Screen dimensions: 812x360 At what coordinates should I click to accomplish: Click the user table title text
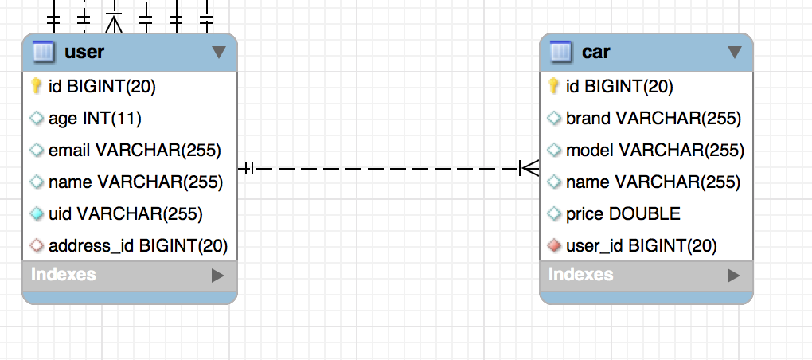tap(84, 52)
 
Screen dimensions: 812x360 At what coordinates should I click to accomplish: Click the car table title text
tap(596, 52)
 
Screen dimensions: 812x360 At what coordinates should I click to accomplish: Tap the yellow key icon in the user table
tap(37, 86)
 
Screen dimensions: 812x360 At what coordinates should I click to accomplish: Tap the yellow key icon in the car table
tap(553, 86)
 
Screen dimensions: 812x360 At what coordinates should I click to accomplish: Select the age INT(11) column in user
tap(95, 119)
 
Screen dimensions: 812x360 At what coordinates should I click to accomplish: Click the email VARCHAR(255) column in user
tap(135, 151)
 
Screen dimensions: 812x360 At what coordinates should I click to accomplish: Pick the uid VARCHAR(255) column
tap(125, 213)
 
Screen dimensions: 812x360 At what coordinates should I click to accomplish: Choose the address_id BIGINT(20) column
tap(139, 245)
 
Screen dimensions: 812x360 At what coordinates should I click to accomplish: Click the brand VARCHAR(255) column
tap(654, 119)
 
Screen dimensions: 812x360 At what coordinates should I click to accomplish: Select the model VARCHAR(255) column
tap(655, 151)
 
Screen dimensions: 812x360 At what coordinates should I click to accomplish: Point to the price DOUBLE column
tap(623, 213)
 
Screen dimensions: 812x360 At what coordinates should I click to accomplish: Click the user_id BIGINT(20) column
tap(642, 245)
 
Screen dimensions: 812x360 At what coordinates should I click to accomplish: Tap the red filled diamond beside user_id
tap(554, 245)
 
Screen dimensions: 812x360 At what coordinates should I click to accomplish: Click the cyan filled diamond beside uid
tap(37, 213)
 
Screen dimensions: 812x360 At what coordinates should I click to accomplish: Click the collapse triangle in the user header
tap(219, 52)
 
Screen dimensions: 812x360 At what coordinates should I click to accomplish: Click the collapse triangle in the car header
tap(734, 52)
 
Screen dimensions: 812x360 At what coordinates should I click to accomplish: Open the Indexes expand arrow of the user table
tap(218, 276)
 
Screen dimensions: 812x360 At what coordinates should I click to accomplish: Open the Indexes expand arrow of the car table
tap(734, 276)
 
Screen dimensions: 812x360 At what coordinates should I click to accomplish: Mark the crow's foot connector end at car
tap(529, 168)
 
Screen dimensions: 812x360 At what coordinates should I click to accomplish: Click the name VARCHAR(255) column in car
tap(653, 182)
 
